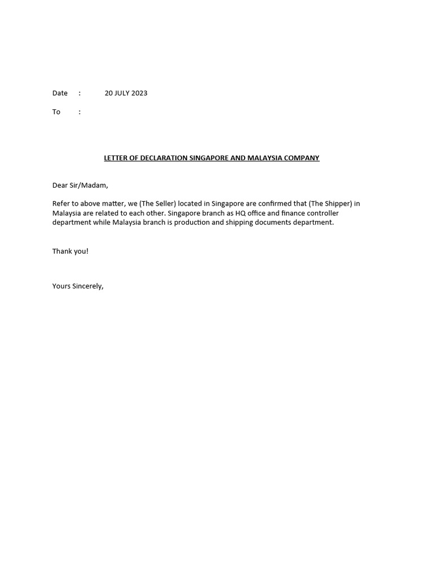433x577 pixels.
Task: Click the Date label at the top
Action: click(60, 93)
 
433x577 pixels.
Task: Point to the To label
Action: click(56, 112)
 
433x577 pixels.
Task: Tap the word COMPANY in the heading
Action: click(303, 158)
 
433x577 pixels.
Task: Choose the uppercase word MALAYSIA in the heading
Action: click(266, 158)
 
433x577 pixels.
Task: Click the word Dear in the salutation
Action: click(60, 185)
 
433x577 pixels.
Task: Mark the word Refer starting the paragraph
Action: click(61, 203)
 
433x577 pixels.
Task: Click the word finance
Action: click(275, 213)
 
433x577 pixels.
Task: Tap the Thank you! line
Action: click(70, 251)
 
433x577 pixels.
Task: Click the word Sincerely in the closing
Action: click(88, 286)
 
